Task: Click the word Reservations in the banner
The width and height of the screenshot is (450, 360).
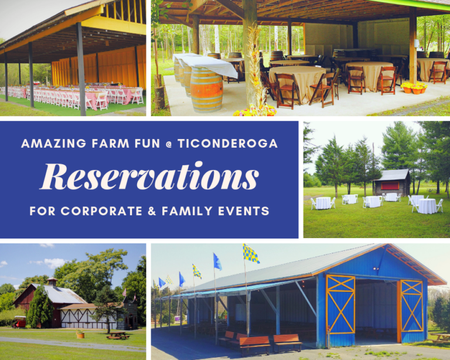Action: tap(149, 176)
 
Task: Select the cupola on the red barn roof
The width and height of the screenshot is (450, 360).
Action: tap(52, 282)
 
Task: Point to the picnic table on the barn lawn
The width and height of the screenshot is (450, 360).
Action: tap(118, 335)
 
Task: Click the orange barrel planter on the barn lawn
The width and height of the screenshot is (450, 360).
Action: tap(80, 334)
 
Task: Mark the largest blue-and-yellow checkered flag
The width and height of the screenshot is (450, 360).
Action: tap(251, 253)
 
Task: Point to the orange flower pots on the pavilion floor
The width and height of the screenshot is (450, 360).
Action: tap(413, 88)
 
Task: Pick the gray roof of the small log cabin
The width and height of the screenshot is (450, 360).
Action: tap(391, 175)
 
